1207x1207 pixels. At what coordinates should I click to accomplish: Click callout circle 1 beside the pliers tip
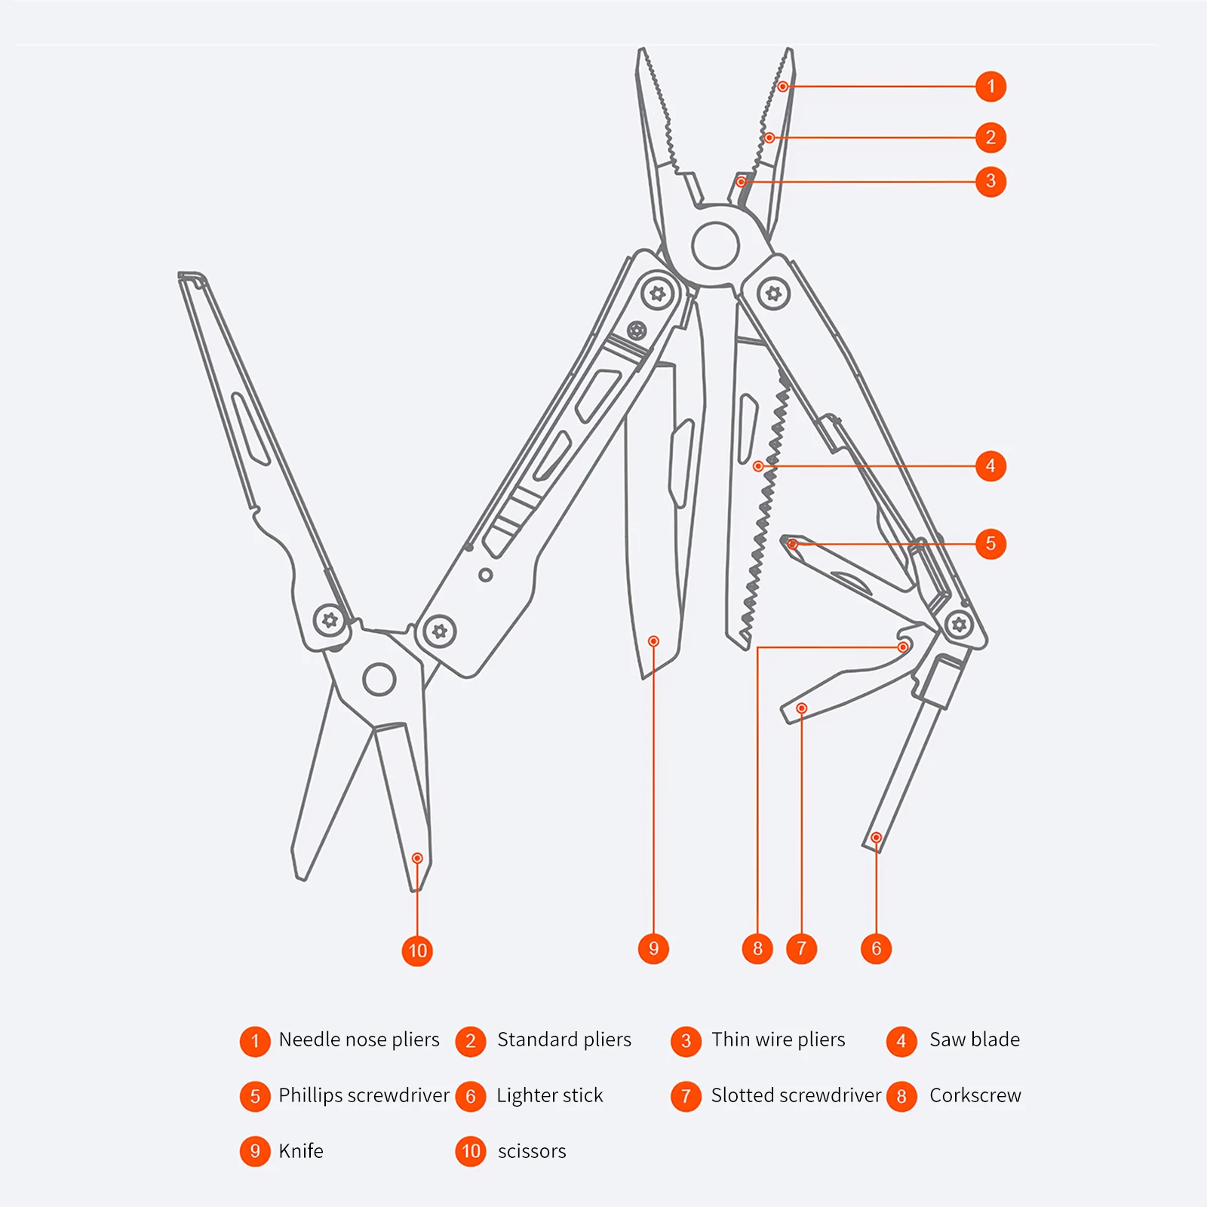tap(990, 87)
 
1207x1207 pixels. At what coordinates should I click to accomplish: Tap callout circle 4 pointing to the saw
tap(990, 466)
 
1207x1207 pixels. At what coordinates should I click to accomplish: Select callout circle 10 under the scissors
tap(417, 951)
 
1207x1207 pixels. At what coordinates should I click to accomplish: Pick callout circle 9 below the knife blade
tap(653, 948)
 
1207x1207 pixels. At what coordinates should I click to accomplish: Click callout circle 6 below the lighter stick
tap(876, 948)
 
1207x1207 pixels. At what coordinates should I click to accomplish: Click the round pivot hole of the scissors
tap(379, 679)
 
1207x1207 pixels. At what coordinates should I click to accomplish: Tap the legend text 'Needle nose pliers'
tap(358, 1040)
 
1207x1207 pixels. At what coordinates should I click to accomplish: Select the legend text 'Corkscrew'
tap(975, 1095)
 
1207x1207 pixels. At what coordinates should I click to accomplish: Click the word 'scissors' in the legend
tap(532, 1151)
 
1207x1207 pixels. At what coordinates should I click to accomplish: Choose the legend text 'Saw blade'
tap(974, 1040)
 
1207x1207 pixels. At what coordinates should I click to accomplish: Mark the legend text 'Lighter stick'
tap(549, 1095)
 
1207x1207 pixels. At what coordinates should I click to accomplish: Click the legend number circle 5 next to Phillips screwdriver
tap(255, 1096)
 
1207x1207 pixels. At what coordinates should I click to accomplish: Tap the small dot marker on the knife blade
tap(653, 641)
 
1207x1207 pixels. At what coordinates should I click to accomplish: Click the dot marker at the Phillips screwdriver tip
tap(792, 544)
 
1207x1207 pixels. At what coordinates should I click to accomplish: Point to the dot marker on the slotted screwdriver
tap(802, 708)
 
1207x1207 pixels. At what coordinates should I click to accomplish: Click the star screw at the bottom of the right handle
tap(960, 625)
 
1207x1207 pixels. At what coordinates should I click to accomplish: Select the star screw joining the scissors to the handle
tap(330, 621)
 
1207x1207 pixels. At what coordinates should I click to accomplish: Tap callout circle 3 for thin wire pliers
tap(990, 182)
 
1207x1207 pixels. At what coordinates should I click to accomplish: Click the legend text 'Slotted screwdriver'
tap(796, 1095)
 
